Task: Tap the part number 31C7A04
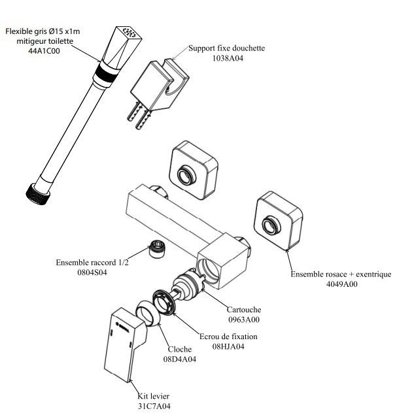154,406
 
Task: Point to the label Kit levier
155,396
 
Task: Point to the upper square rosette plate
189,169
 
